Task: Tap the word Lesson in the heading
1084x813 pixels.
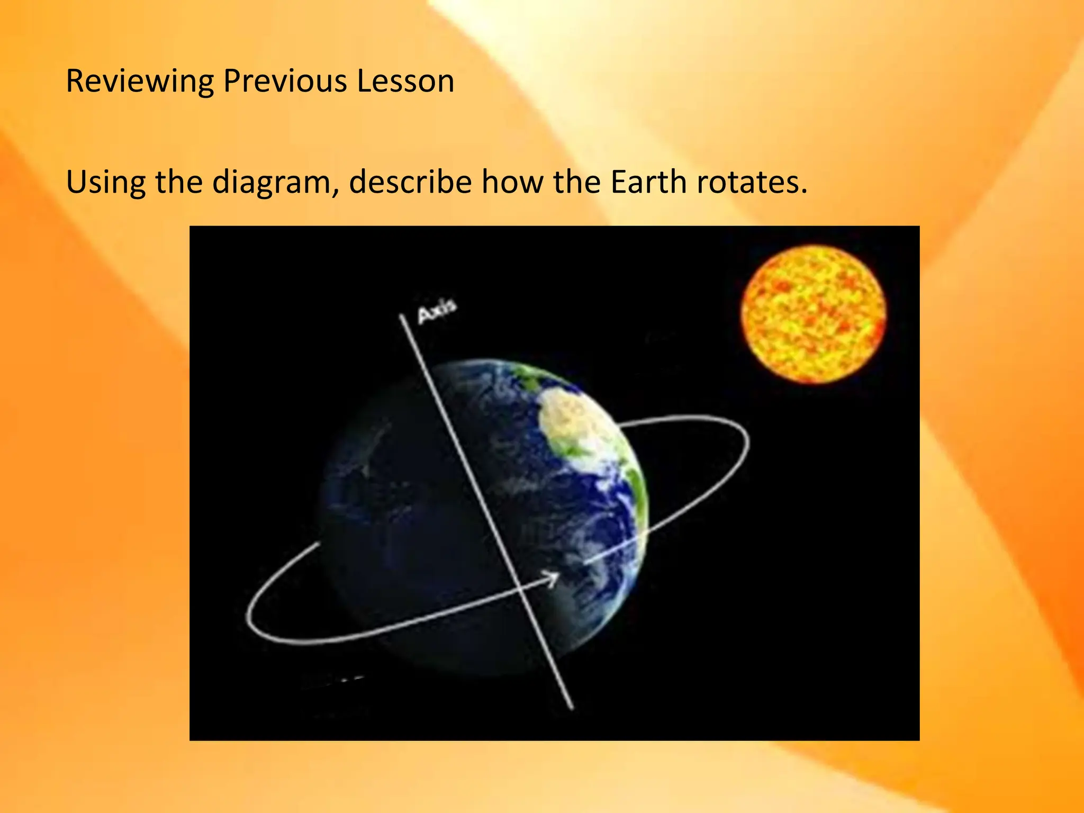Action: coord(405,82)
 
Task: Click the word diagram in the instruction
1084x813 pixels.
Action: coord(275,183)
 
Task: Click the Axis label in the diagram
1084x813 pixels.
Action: coord(437,311)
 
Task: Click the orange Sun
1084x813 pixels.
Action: coord(814,314)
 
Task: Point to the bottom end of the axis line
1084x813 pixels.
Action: coord(571,706)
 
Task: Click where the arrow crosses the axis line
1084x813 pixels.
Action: coord(521,588)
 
